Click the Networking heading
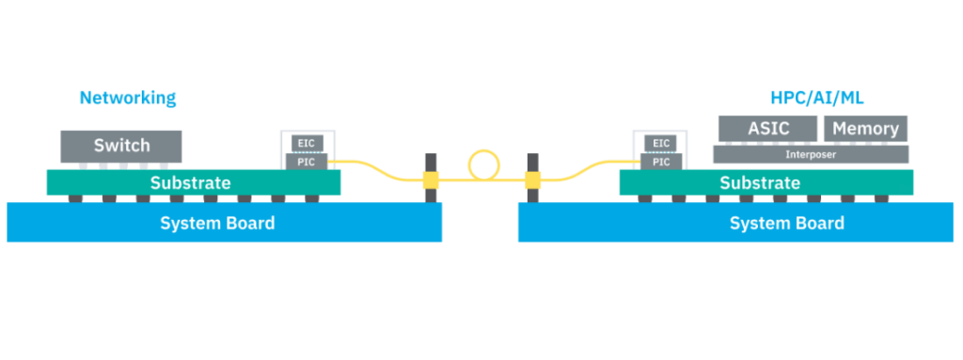click(x=127, y=98)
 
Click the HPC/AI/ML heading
click(x=816, y=98)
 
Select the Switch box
click(x=121, y=146)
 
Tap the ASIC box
click(x=767, y=129)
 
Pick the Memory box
click(x=865, y=129)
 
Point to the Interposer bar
click(x=811, y=153)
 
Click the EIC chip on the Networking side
click(x=307, y=143)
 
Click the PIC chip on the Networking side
click(x=307, y=162)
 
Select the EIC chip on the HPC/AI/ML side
click(x=661, y=143)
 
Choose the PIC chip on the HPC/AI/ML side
click(x=661, y=162)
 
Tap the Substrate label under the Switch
click(x=190, y=182)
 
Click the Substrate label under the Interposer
click(x=760, y=182)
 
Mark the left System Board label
click(x=217, y=223)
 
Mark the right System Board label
click(x=787, y=223)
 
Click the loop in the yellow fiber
click(x=482, y=164)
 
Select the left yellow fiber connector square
click(x=431, y=179)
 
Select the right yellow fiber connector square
click(x=533, y=179)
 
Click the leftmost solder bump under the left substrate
click(x=74, y=198)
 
